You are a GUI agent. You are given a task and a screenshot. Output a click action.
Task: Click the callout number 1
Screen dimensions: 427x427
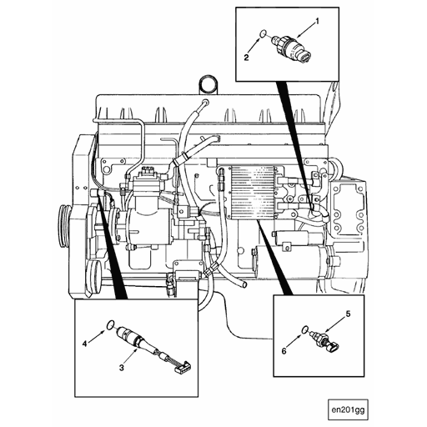coord(317,22)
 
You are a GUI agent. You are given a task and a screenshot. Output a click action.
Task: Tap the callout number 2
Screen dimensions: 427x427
coord(246,58)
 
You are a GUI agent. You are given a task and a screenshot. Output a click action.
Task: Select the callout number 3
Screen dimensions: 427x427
coord(122,368)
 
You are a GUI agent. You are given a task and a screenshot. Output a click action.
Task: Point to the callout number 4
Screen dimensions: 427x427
coord(85,344)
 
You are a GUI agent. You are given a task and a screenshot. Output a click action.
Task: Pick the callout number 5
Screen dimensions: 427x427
coord(348,314)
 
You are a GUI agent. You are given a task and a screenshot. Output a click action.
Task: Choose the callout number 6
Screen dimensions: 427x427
coord(284,351)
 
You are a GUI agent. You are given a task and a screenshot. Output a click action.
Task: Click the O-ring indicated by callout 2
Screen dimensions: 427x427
coord(263,33)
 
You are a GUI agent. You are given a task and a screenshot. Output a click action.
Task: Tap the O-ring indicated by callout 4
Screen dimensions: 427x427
coord(111,324)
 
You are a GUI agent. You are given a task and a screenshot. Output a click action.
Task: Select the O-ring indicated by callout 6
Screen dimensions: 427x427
coord(305,329)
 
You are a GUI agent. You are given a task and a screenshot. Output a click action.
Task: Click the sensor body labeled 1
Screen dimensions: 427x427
coord(291,48)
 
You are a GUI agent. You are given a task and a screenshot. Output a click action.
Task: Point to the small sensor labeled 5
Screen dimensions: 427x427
coord(325,339)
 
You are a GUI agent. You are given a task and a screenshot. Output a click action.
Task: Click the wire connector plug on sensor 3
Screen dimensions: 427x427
coord(182,367)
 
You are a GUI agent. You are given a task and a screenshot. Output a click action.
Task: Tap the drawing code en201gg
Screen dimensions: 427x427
coord(348,409)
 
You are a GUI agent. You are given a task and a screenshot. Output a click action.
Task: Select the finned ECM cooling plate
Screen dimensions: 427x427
coord(253,193)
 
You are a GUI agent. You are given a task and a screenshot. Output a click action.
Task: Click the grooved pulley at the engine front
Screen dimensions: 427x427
coord(65,226)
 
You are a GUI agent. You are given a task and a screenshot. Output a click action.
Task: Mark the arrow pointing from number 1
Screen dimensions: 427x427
coord(306,31)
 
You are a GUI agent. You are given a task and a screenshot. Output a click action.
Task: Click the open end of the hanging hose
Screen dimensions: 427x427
coord(244,284)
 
